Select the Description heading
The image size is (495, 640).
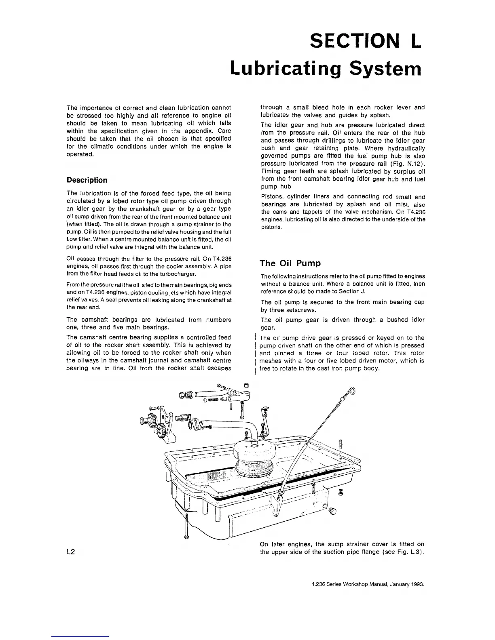click(x=87, y=180)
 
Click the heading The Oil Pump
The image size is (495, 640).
click(x=290, y=263)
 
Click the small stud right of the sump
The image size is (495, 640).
click(x=341, y=444)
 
